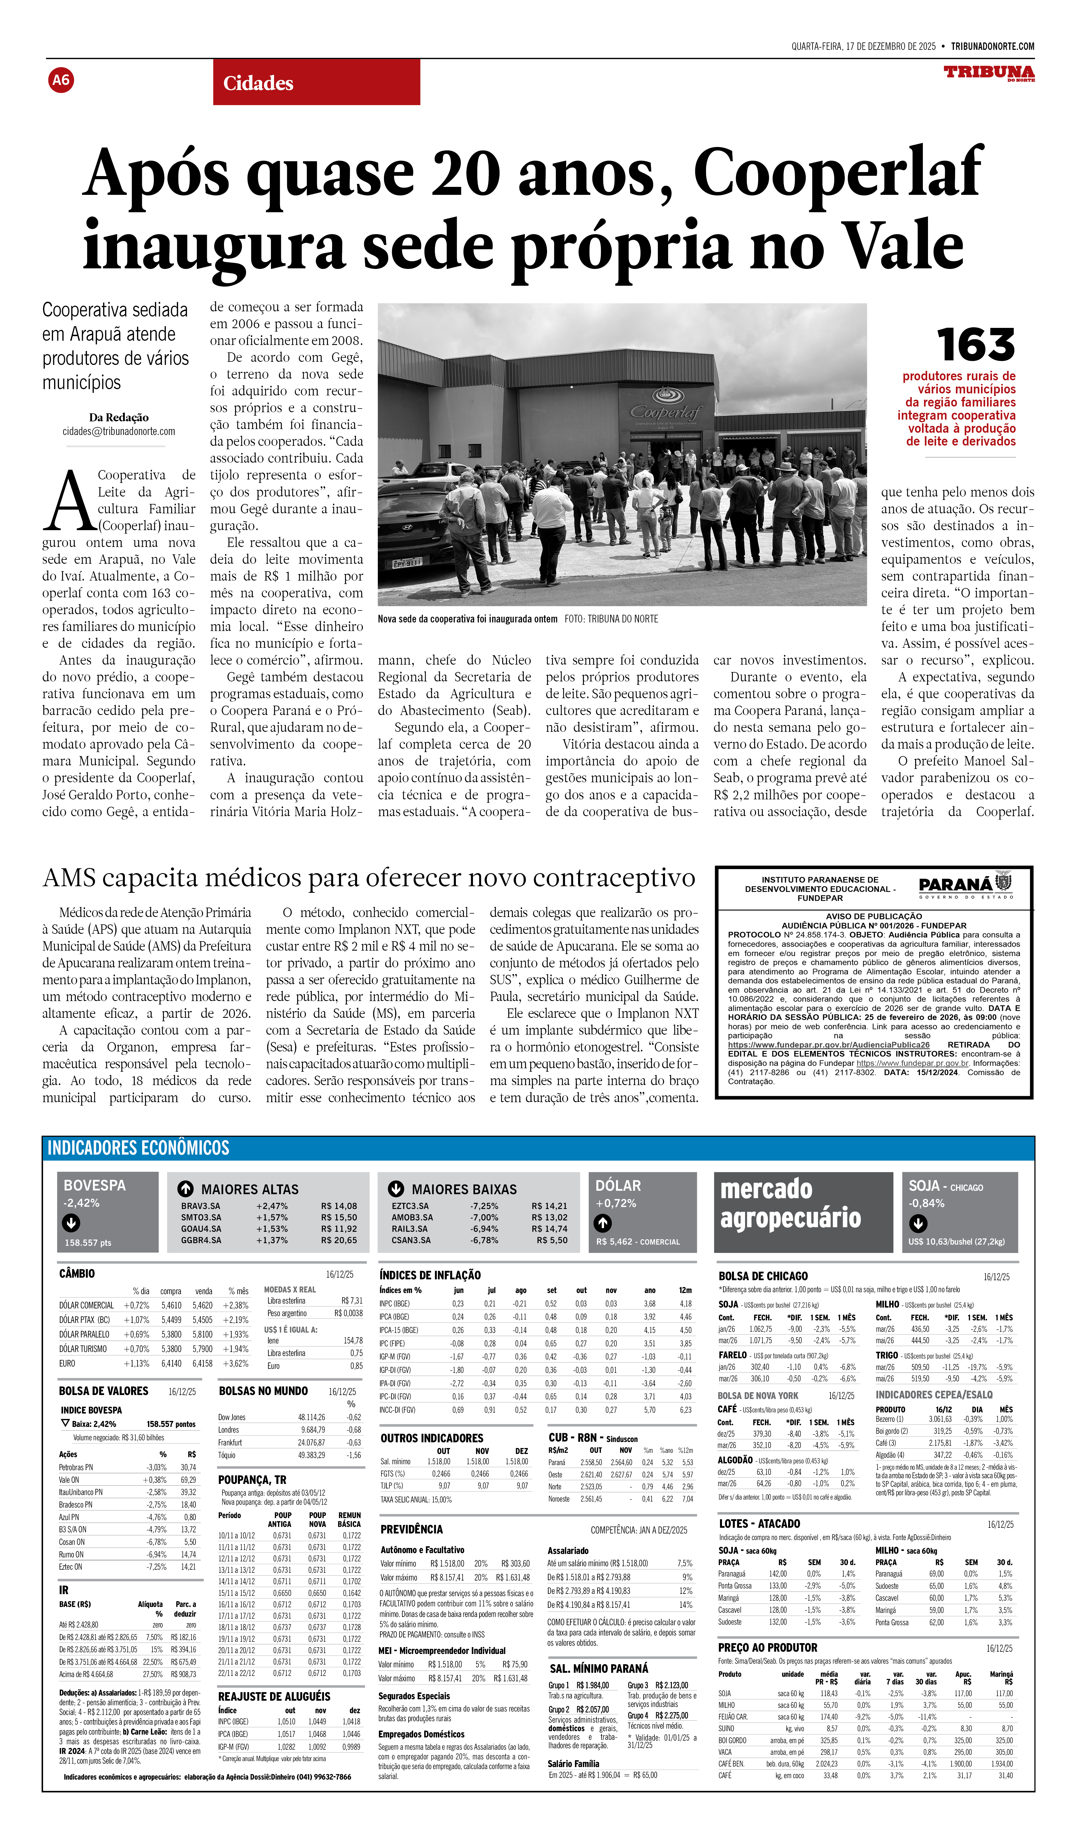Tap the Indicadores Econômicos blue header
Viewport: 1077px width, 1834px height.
(x=138, y=1148)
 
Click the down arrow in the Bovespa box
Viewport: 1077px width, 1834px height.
(x=71, y=1223)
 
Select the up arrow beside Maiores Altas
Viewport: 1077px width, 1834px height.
(x=185, y=1188)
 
